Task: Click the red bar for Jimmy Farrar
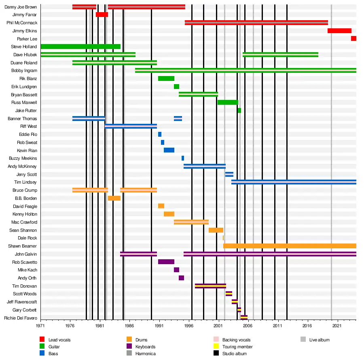[x=102, y=15]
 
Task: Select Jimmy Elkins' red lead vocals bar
[x=339, y=31]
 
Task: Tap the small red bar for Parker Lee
[x=353, y=39]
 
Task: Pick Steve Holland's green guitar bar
[x=80, y=47]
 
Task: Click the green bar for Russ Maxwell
[x=228, y=102]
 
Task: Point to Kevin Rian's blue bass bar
[x=169, y=150]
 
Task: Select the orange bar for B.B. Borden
[x=114, y=198]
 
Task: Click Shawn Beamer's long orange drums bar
[x=290, y=246]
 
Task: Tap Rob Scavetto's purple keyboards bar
[x=166, y=262]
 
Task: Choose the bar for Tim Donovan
[x=210, y=286]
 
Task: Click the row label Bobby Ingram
[x=24, y=71]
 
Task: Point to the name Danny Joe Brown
[x=21, y=7]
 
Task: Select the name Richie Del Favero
[x=21, y=318]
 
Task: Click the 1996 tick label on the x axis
[x=188, y=325]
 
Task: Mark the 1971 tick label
[x=40, y=325]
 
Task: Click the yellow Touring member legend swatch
[x=216, y=347]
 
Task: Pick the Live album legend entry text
[x=320, y=340]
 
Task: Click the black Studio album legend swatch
[x=216, y=354]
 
